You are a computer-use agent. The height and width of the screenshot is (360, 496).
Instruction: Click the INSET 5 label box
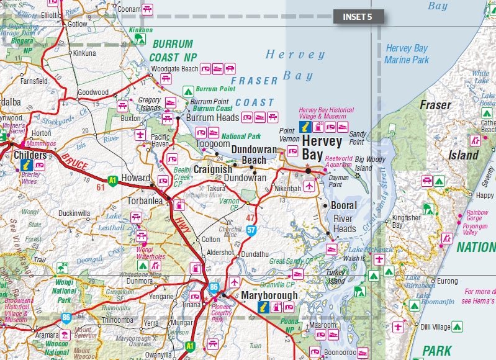tap(358, 17)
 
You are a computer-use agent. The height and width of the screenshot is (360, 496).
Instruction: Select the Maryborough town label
tap(270, 295)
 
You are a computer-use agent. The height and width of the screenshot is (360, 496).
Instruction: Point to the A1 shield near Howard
tap(112, 181)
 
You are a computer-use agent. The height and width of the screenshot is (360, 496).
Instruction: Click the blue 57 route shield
tap(251, 230)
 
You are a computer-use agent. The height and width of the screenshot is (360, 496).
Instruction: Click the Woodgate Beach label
tap(174, 68)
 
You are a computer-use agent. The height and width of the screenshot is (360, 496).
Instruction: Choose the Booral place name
tap(344, 205)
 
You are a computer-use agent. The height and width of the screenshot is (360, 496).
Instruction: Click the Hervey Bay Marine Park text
tap(407, 54)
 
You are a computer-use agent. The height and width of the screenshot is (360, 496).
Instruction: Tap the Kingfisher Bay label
tap(406, 222)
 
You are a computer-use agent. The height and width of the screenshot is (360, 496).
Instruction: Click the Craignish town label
tap(213, 169)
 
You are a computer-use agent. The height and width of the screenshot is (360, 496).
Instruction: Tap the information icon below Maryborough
tap(262, 307)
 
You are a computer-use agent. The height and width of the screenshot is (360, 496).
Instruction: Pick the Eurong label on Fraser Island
tap(447, 281)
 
